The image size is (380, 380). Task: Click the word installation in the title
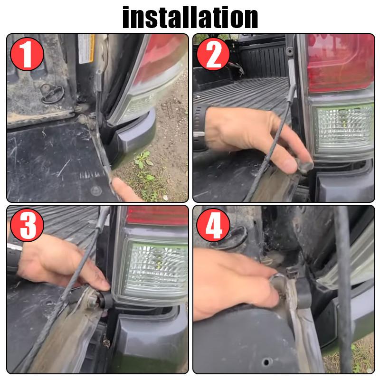point(190,18)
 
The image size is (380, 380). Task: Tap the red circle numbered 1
point(27,54)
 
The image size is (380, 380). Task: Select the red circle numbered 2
point(213,54)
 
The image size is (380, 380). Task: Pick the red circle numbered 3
point(27,225)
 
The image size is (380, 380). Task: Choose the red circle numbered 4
point(213,225)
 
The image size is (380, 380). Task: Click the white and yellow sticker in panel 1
point(86,49)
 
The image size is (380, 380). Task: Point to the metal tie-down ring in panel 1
point(52,93)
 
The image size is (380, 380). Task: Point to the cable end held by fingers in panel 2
point(305,165)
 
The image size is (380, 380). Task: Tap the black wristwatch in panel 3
point(14,257)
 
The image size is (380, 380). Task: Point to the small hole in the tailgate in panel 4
point(266,362)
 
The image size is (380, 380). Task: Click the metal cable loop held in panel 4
point(278,284)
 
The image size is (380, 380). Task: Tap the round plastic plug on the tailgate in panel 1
point(96,191)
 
